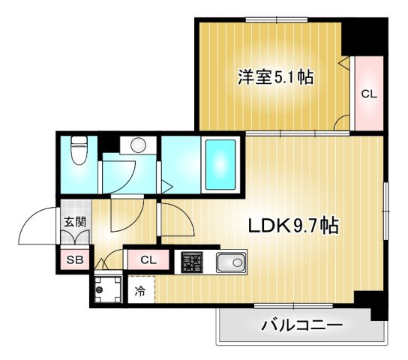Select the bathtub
click(220, 165)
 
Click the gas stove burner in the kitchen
click(193, 263)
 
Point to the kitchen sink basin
click(230, 263)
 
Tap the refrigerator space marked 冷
click(140, 291)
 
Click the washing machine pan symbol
click(106, 289)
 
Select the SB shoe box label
click(75, 261)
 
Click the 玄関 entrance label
click(73, 222)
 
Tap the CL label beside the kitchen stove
click(148, 261)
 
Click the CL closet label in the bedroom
click(368, 94)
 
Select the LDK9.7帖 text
click(293, 225)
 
